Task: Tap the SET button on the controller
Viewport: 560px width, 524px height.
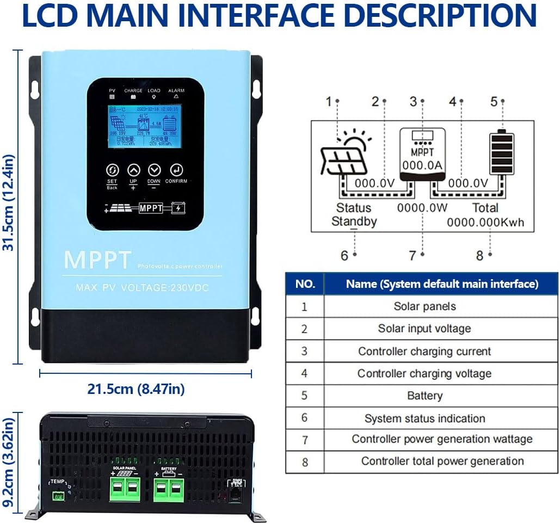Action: pos(112,170)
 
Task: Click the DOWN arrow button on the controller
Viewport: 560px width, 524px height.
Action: pos(154,170)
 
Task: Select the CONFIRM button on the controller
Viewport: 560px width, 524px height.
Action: pos(176,170)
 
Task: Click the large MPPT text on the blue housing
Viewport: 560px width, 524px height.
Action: pos(98,260)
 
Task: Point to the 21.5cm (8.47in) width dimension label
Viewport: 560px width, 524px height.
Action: pos(136,390)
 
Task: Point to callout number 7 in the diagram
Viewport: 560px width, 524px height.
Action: pos(412,255)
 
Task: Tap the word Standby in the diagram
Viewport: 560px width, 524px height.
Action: pos(354,221)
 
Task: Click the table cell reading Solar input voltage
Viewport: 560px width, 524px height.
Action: pos(424,329)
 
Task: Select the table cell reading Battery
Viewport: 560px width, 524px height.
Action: pos(424,396)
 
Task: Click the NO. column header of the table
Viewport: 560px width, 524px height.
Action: pos(304,283)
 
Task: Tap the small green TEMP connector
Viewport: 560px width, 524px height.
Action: pos(58,495)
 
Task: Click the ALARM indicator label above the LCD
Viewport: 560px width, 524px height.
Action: pos(176,91)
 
